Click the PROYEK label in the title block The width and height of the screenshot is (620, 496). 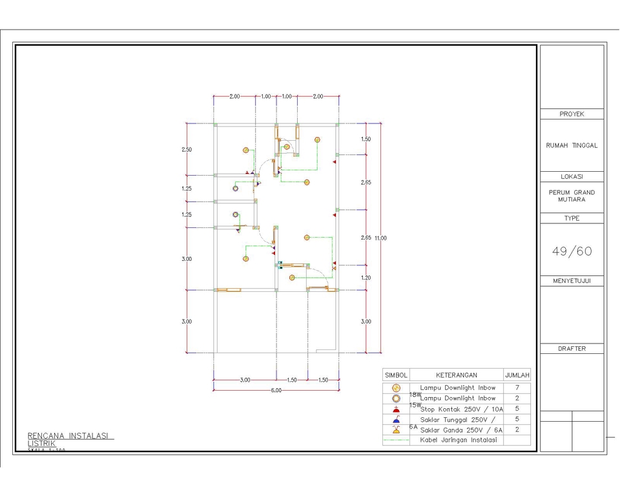572,114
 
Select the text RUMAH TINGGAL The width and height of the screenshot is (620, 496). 572,145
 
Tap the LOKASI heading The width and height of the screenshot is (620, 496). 572,176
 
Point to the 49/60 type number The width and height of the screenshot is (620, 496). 572,251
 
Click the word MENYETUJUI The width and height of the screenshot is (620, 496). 572,281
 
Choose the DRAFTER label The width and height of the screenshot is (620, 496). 572,349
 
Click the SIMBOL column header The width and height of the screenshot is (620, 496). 396,375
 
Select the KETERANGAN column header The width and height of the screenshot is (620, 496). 456,375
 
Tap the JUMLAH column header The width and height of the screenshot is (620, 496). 517,375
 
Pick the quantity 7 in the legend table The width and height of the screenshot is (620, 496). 517,387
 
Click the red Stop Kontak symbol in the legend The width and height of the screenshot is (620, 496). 396,409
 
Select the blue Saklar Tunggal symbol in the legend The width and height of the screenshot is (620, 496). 396,419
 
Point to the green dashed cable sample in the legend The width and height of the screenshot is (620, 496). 396,440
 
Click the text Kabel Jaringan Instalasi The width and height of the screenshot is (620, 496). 458,440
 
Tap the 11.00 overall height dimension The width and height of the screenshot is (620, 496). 380,238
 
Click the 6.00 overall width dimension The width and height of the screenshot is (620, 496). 276,390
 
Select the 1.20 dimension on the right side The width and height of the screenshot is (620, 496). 366,278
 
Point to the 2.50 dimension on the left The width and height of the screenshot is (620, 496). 187,150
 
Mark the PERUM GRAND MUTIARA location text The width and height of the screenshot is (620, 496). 572,196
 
